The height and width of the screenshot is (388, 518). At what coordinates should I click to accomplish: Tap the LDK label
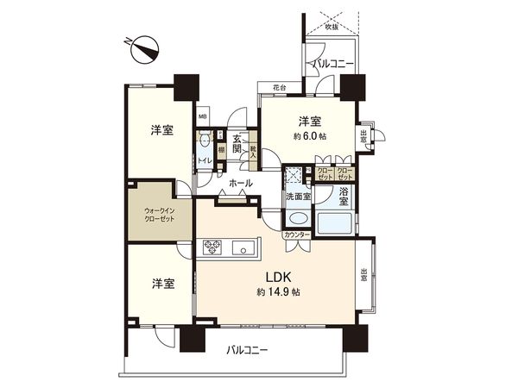pyautogui.click(x=276, y=277)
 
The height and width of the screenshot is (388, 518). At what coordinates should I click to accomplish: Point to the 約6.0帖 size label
pyautogui.click(x=310, y=137)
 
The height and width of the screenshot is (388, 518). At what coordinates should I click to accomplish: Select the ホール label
pyautogui.click(x=241, y=184)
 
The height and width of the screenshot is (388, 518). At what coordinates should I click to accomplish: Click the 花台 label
pyautogui.click(x=279, y=87)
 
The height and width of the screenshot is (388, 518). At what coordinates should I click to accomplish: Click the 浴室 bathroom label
pyautogui.click(x=343, y=196)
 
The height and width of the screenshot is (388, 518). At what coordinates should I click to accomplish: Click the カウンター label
pyautogui.click(x=296, y=234)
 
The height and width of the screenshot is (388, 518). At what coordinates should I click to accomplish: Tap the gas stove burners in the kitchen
pyautogui.click(x=212, y=249)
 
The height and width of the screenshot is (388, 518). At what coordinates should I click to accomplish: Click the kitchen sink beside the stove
pyautogui.click(x=243, y=250)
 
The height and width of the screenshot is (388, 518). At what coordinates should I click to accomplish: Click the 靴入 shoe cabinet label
pyautogui.click(x=253, y=153)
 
